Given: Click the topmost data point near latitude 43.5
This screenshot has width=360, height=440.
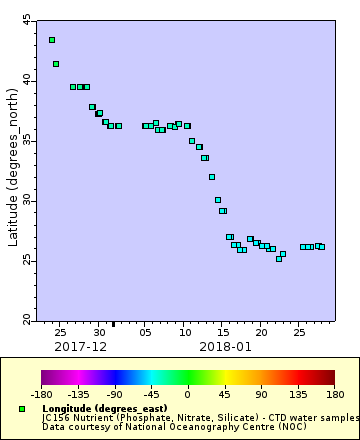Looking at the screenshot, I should tap(52, 40).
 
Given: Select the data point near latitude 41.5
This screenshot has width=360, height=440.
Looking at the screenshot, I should tap(56, 64).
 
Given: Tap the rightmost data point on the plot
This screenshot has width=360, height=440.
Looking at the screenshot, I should tap(321, 247).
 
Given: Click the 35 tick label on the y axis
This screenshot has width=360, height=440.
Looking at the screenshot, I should tap(27, 141).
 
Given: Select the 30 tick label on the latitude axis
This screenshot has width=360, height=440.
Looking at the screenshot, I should tap(27, 201).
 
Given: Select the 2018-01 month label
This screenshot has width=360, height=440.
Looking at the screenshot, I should tap(225, 346).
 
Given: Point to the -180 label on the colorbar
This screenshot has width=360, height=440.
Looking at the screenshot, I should tap(42, 394).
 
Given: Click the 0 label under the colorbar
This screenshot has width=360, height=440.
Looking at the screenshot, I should tap(187, 394).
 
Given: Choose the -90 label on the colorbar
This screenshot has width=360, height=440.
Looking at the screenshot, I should tap(115, 394).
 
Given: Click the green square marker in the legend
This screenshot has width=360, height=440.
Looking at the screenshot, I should tap(22, 409).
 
